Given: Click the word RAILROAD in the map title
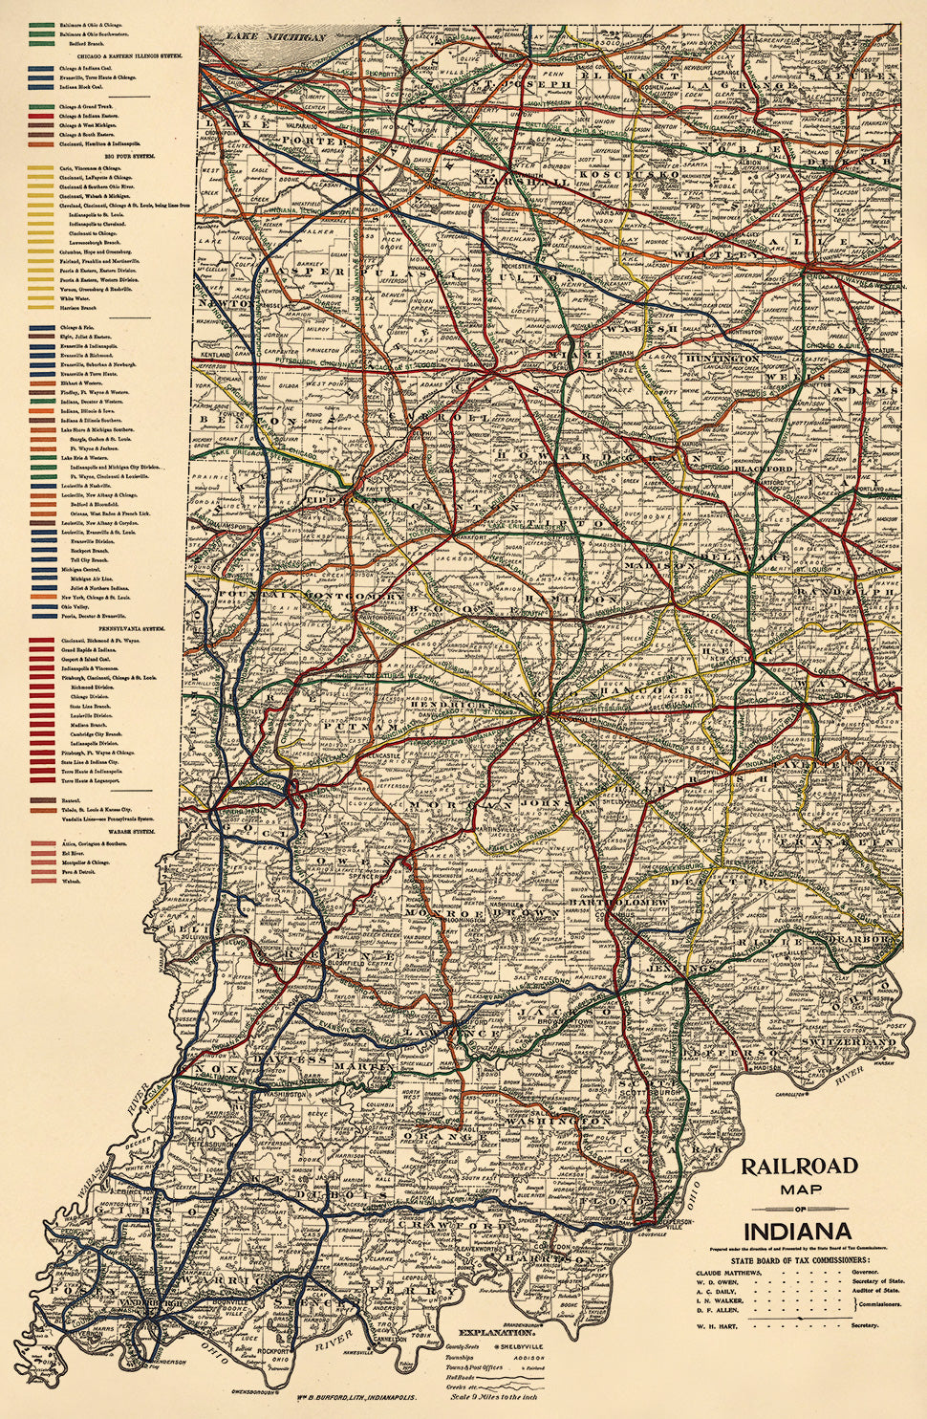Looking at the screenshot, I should tap(799, 1167).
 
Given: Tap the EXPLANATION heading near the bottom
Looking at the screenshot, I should tap(495, 1332).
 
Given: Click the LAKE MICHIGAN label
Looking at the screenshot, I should tap(277, 37).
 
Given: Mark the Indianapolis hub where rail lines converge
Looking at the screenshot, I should tap(545, 712).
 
